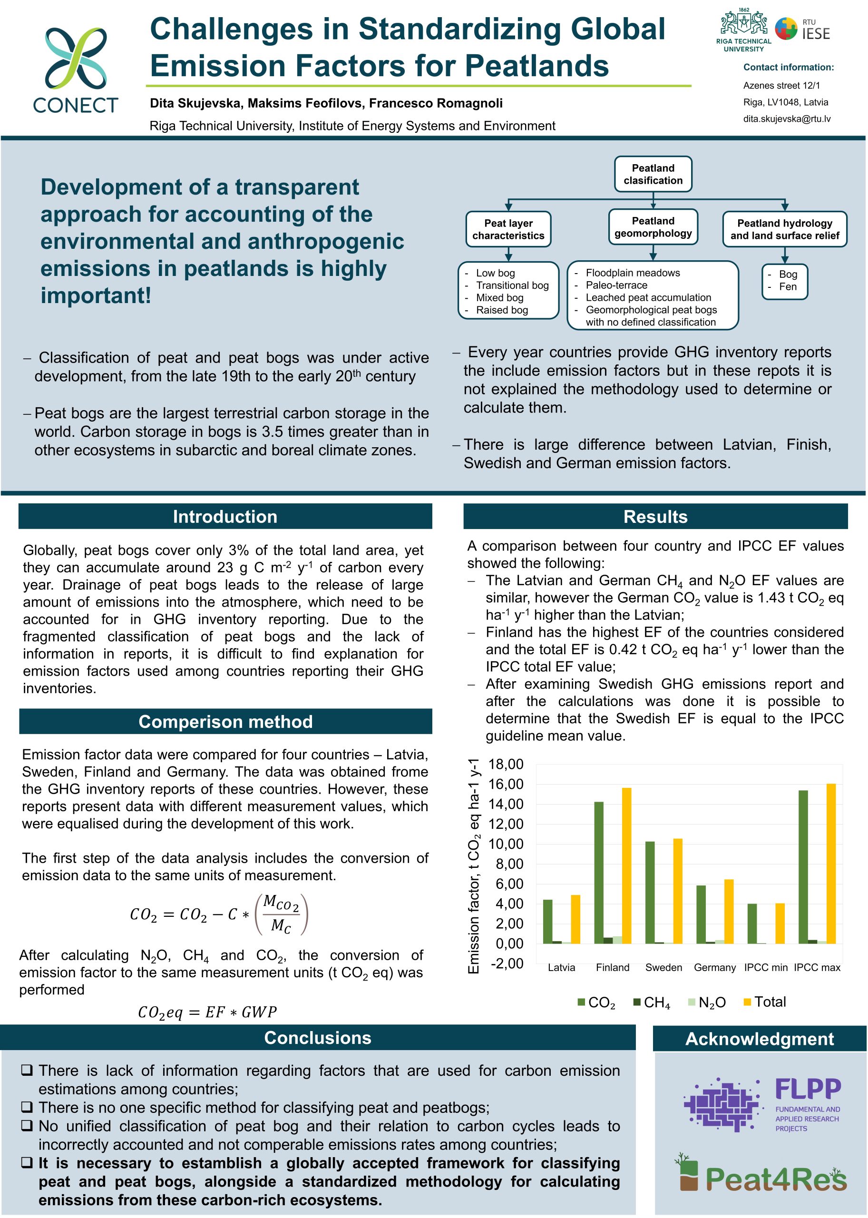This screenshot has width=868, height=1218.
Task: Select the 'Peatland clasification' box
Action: click(x=653, y=174)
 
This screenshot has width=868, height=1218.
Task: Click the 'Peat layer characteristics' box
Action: click(x=508, y=229)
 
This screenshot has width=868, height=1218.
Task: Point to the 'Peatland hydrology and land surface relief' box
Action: click(x=784, y=229)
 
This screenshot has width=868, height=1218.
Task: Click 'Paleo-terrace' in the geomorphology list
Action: click(x=616, y=285)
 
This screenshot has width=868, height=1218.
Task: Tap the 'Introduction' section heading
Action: click(x=225, y=517)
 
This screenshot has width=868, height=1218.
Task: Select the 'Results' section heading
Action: click(x=655, y=517)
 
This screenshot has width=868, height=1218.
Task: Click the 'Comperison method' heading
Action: click(x=225, y=722)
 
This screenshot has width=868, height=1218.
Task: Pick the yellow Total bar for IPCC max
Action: click(x=830, y=864)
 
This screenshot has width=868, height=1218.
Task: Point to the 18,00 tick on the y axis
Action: click(x=505, y=764)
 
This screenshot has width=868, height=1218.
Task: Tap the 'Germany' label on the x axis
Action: click(x=714, y=967)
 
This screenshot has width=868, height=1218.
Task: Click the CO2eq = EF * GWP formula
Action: click(x=207, y=1012)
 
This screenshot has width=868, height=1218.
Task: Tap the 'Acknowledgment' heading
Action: click(x=759, y=1039)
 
